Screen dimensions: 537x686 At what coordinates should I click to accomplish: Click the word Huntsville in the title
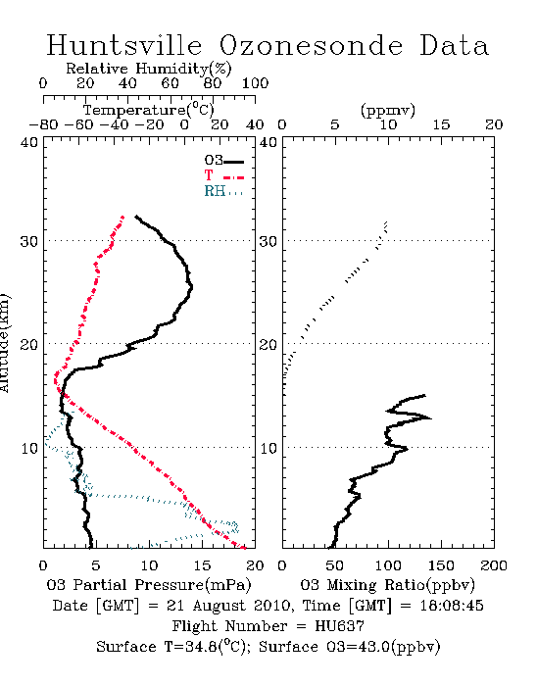(x=124, y=45)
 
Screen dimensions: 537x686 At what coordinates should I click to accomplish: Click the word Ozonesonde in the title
(x=310, y=45)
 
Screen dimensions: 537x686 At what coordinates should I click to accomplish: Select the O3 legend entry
(x=223, y=160)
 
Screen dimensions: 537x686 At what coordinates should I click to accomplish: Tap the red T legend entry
(x=223, y=175)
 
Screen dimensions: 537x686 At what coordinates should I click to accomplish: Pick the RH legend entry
(x=223, y=191)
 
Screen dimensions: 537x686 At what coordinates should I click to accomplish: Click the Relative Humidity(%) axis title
(x=149, y=69)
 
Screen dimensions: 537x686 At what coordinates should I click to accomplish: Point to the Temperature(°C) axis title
(x=149, y=110)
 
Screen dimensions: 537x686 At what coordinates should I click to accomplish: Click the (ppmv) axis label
(x=388, y=110)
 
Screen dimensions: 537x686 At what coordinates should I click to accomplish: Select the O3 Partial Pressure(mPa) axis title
(x=149, y=585)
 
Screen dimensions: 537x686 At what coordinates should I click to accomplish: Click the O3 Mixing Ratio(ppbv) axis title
(x=387, y=585)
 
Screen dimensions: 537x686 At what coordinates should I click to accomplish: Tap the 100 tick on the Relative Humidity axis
(x=256, y=83)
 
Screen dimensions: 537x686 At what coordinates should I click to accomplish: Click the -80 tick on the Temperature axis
(x=43, y=124)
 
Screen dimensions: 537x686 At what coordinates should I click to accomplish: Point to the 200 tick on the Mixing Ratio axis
(x=494, y=565)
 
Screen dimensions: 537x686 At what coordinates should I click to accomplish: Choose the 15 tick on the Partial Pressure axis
(x=202, y=565)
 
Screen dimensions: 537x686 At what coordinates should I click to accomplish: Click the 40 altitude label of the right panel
(x=268, y=142)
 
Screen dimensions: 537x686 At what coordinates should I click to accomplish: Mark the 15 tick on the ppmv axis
(x=441, y=124)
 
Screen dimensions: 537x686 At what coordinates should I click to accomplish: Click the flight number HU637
(x=339, y=626)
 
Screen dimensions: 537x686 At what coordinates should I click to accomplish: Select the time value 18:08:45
(x=452, y=606)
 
